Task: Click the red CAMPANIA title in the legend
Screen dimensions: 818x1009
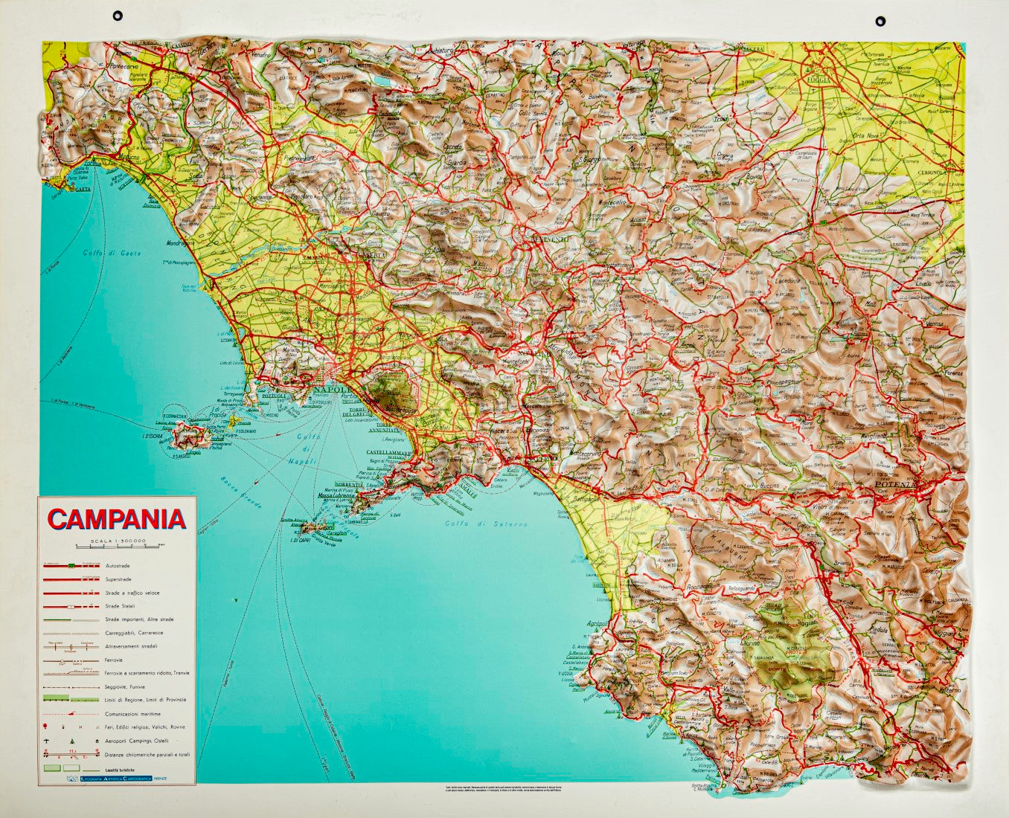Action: click(x=117, y=519)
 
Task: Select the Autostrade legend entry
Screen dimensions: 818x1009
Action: click(x=119, y=566)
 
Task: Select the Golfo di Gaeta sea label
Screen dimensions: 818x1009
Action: click(x=103, y=255)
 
